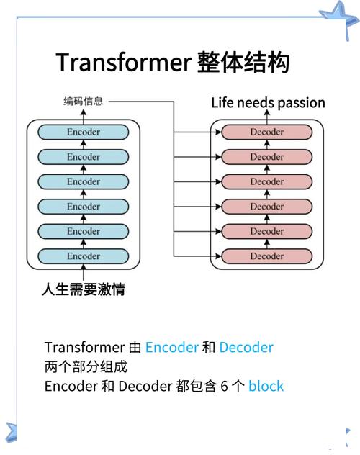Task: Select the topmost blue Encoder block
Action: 84,132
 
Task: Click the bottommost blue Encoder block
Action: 84,256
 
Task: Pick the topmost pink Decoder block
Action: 266,132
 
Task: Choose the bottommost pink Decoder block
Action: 266,256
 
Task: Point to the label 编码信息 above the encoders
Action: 83,102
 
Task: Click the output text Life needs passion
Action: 268,102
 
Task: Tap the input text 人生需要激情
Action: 84,290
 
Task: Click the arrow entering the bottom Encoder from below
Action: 84,273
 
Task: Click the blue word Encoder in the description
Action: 171,347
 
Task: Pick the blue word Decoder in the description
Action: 246,347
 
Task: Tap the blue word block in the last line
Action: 266,386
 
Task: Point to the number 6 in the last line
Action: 224,386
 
